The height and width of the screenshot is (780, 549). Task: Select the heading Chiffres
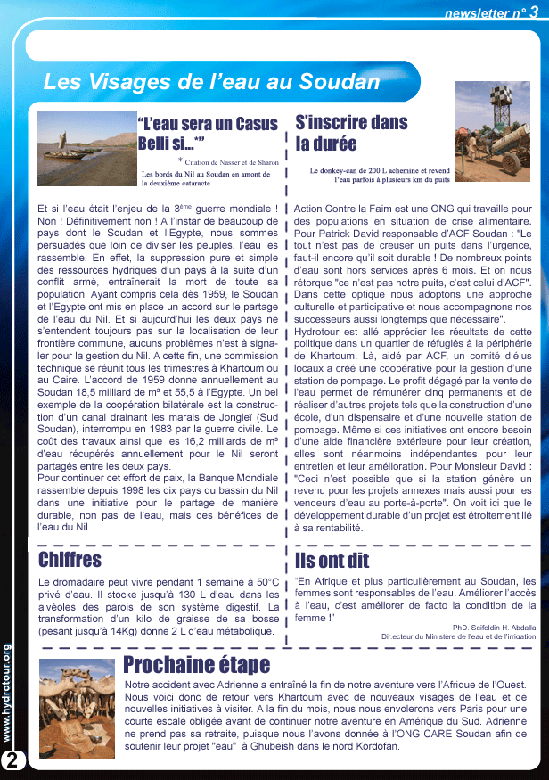click(x=70, y=560)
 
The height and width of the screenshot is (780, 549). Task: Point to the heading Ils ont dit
click(x=332, y=560)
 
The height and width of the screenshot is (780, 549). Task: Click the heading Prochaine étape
click(x=196, y=665)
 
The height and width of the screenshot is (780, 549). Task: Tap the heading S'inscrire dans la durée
click(x=339, y=132)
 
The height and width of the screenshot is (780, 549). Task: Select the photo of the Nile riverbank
click(x=85, y=148)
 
